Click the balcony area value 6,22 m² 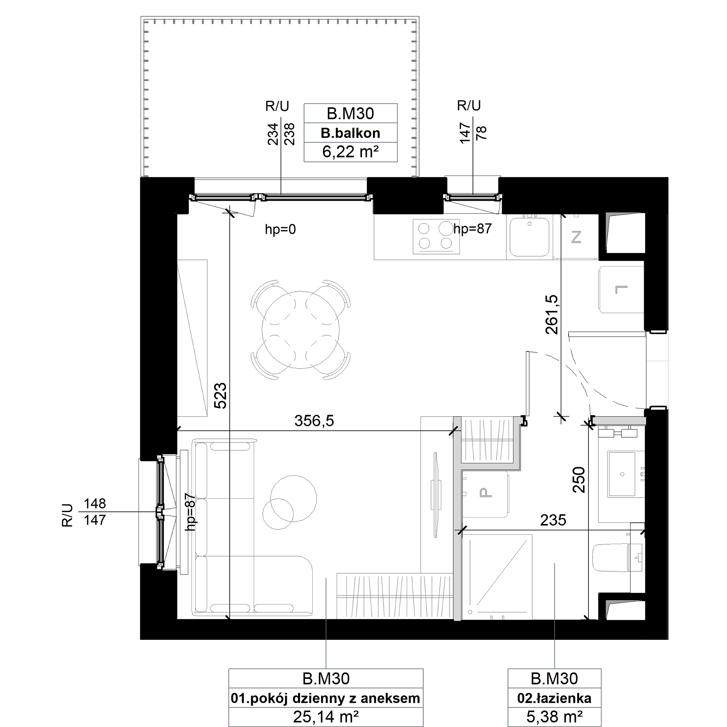[350, 152]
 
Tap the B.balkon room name [350, 133]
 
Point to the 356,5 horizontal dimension [314, 421]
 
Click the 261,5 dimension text [552, 314]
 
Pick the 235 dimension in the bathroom [553, 521]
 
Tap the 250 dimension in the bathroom [579, 480]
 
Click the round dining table [301, 330]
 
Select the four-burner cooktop [437, 237]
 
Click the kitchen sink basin [530, 237]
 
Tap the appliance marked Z [576, 237]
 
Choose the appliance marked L [621, 289]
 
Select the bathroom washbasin [622, 474]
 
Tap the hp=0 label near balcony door [280, 229]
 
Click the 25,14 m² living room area [326, 717]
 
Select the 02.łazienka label [554, 698]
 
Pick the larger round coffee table [293, 499]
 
